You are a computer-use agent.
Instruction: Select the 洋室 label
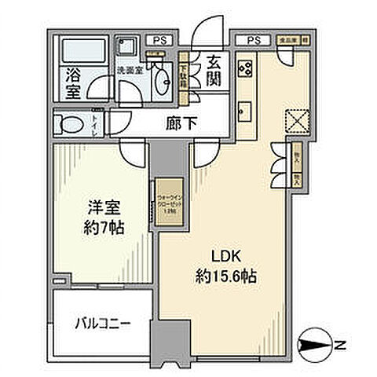[102, 210]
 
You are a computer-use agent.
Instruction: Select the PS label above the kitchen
[253, 39]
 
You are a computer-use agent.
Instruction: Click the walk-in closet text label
[166, 204]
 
